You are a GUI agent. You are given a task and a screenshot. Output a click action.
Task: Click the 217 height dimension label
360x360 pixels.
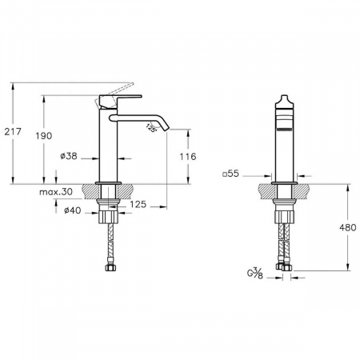13,131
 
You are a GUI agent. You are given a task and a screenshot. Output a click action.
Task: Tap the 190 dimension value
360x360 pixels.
44,136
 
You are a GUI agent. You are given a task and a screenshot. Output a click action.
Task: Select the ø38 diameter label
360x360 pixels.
69,156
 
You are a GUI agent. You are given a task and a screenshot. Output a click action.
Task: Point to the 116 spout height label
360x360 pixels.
188,157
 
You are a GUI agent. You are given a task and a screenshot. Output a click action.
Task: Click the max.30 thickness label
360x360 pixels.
56,191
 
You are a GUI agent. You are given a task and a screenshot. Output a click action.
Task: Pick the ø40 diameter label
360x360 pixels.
72,210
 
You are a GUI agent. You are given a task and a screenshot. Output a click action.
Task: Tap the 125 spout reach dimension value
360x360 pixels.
138,205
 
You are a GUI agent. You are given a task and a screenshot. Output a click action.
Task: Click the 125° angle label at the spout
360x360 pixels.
151,128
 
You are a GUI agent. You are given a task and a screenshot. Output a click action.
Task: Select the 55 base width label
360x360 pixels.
231,174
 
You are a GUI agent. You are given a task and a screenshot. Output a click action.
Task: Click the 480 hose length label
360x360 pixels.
348,227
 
